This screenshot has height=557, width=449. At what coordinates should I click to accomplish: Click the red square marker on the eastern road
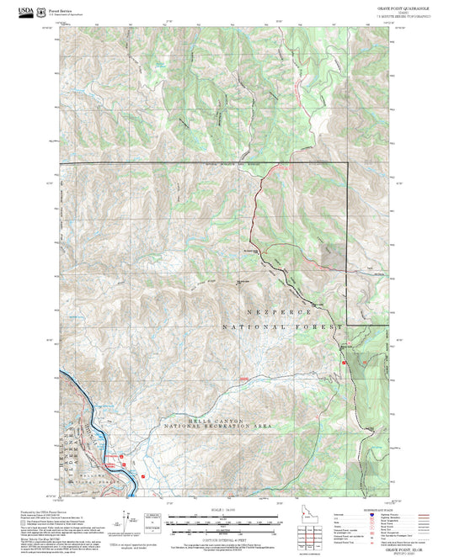coord(343,363)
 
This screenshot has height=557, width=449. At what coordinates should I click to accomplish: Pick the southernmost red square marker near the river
coord(143,476)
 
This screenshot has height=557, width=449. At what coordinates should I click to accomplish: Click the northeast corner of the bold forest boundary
coord(347,162)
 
